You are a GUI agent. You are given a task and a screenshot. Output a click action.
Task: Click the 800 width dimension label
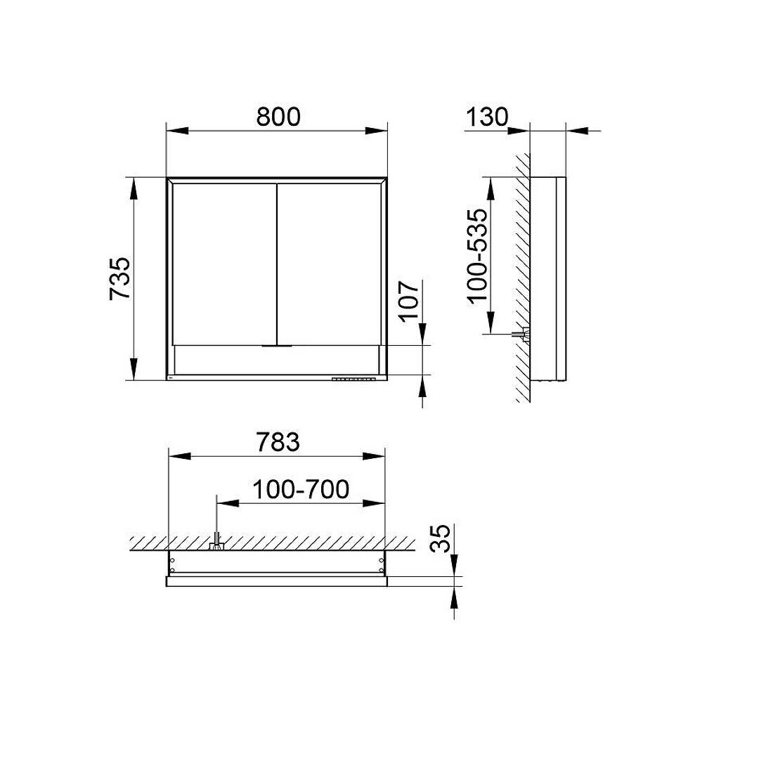[x=278, y=117]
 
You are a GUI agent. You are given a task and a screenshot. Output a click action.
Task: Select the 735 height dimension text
[x=119, y=278]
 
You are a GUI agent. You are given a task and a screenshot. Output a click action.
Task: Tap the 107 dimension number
[x=410, y=299]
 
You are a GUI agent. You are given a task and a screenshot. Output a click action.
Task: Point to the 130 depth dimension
[x=487, y=117]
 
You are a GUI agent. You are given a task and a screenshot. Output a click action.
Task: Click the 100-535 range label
[x=477, y=255]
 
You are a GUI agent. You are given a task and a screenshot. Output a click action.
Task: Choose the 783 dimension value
[x=278, y=442]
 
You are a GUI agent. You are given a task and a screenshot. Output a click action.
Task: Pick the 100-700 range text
[x=301, y=489]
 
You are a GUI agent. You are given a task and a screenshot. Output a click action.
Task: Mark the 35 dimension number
[x=441, y=538]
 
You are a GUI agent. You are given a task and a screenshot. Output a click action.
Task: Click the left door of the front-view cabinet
[x=224, y=264]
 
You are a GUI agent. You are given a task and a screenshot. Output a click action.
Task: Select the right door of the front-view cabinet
[x=329, y=264]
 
